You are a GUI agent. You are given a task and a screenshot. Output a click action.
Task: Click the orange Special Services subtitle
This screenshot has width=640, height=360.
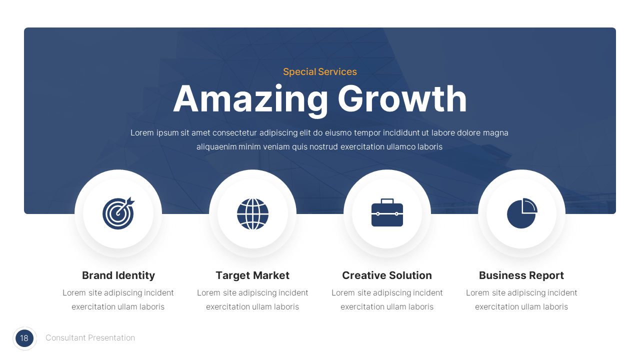[x=320, y=71]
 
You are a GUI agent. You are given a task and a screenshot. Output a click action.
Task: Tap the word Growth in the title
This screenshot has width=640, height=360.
[x=402, y=99]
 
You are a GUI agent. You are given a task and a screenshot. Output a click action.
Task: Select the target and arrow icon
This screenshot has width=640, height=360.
[x=118, y=213]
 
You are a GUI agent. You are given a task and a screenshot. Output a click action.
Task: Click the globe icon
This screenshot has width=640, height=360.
[x=252, y=213]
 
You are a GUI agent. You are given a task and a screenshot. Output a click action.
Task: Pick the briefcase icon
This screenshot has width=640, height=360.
[x=387, y=213]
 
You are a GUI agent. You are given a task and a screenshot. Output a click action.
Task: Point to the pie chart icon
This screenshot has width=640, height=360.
[x=521, y=213]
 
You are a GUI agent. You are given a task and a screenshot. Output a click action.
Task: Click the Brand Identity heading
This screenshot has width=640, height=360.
[x=118, y=275]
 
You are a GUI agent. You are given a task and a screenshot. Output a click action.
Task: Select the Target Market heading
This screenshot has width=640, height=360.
[x=252, y=275]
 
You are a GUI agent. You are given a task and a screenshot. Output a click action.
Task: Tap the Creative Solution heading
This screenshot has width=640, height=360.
[x=387, y=275]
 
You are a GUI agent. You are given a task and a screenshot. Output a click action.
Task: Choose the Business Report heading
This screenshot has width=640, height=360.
[x=521, y=275]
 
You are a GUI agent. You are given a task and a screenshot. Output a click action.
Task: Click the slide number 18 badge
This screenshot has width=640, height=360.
[x=24, y=338]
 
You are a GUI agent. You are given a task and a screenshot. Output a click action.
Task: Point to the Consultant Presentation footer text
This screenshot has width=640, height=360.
[x=90, y=338]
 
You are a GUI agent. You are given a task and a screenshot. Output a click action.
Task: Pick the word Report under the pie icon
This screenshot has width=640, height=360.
[x=547, y=275]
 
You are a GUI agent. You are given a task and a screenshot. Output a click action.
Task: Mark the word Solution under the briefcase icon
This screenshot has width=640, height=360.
[x=410, y=275]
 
